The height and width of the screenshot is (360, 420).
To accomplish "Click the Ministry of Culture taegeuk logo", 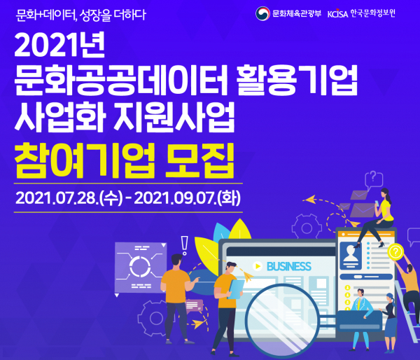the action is click(262, 13).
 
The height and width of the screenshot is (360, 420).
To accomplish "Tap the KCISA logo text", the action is click(337, 14).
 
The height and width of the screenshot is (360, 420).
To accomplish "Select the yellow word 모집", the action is click(199, 161).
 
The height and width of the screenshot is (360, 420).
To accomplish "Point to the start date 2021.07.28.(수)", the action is click(69, 198).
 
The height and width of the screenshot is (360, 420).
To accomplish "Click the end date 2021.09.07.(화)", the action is click(187, 198).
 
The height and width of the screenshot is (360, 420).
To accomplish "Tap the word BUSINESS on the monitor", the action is click(289, 266).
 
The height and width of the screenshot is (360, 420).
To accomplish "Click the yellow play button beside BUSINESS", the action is click(258, 266).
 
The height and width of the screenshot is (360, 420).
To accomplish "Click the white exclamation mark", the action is click(184, 245).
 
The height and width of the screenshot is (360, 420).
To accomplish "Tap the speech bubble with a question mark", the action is click(374, 179).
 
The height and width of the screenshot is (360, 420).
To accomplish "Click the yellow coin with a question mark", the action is click(395, 251).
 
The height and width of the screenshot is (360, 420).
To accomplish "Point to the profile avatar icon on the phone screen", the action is click(351, 256).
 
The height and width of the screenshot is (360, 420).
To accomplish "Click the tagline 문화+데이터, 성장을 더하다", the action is click(80, 15).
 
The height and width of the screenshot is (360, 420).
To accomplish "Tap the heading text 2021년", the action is click(59, 45).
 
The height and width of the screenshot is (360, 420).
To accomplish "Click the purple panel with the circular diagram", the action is click(140, 268).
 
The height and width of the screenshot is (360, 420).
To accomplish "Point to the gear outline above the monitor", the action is click(307, 227).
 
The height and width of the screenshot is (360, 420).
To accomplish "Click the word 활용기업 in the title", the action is click(297, 80).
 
